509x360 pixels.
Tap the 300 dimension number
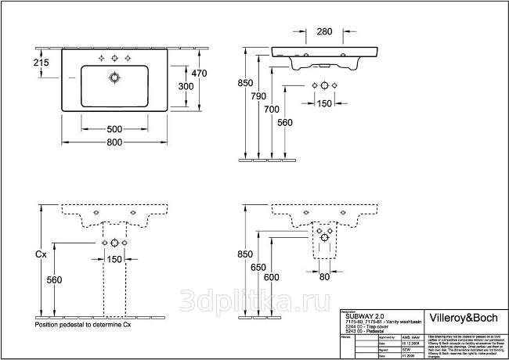[x=185, y=85]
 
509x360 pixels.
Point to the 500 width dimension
[x=115, y=128]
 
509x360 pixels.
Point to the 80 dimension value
[x=324, y=276]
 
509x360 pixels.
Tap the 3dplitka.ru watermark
[x=254, y=300]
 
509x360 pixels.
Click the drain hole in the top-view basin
[x=114, y=77]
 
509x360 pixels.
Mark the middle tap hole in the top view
[x=114, y=59]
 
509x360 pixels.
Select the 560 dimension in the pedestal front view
[x=54, y=279]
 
